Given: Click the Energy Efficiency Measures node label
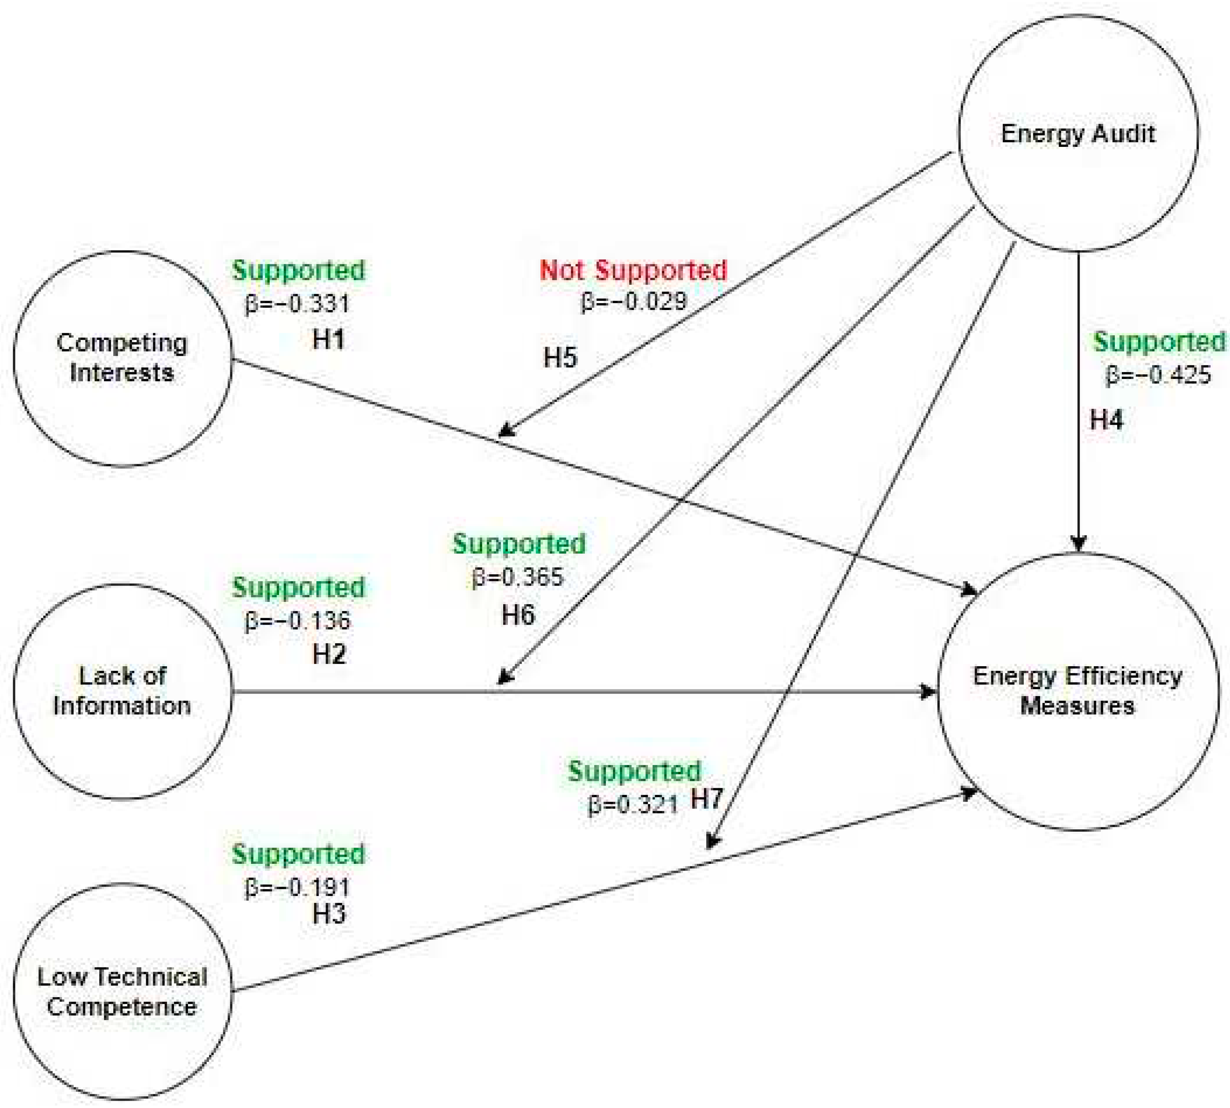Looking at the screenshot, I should tap(1077, 691).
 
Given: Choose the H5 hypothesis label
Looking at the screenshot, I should tap(560, 357).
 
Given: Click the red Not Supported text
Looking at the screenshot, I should tap(633, 270).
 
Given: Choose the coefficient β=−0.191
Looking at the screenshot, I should tap(298, 887).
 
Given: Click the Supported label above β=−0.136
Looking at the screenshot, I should tap(298, 588).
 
